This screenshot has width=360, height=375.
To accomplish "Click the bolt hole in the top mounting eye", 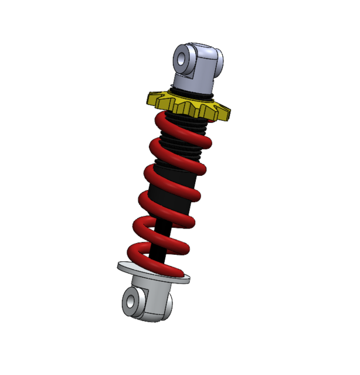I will coord(182,59).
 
